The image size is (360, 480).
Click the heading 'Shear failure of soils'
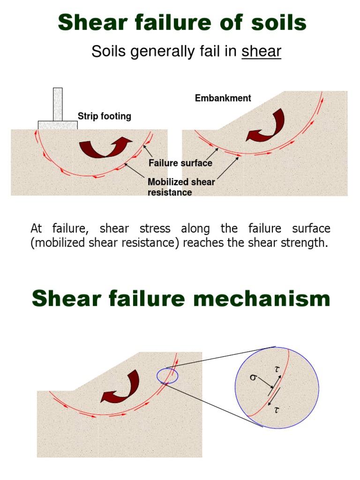(182, 22)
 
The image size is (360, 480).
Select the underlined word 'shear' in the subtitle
(261, 52)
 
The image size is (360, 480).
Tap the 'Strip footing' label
(104, 116)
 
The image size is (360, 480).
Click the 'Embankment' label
(223, 98)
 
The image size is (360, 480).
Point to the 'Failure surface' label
(180, 163)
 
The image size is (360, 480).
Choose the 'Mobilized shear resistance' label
(181, 187)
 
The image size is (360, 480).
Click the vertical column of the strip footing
(58, 104)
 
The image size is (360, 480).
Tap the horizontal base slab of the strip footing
(58, 125)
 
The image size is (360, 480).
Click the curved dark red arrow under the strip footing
(105, 147)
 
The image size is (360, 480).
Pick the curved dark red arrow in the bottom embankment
(120, 386)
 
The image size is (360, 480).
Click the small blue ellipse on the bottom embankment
(167, 375)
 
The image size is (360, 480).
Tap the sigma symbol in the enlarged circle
(253, 378)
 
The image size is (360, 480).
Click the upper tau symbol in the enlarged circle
(277, 369)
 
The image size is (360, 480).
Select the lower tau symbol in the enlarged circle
(277, 410)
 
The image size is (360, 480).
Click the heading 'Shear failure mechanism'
(181, 299)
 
